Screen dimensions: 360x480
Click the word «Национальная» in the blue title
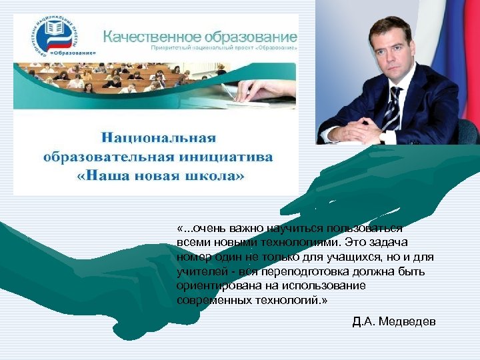(x=159, y=138)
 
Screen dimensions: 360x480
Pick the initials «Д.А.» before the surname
(x=363, y=322)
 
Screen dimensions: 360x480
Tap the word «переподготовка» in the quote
(x=297, y=271)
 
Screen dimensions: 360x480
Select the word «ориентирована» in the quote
(x=215, y=286)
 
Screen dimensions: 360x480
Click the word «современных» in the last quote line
(x=213, y=301)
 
